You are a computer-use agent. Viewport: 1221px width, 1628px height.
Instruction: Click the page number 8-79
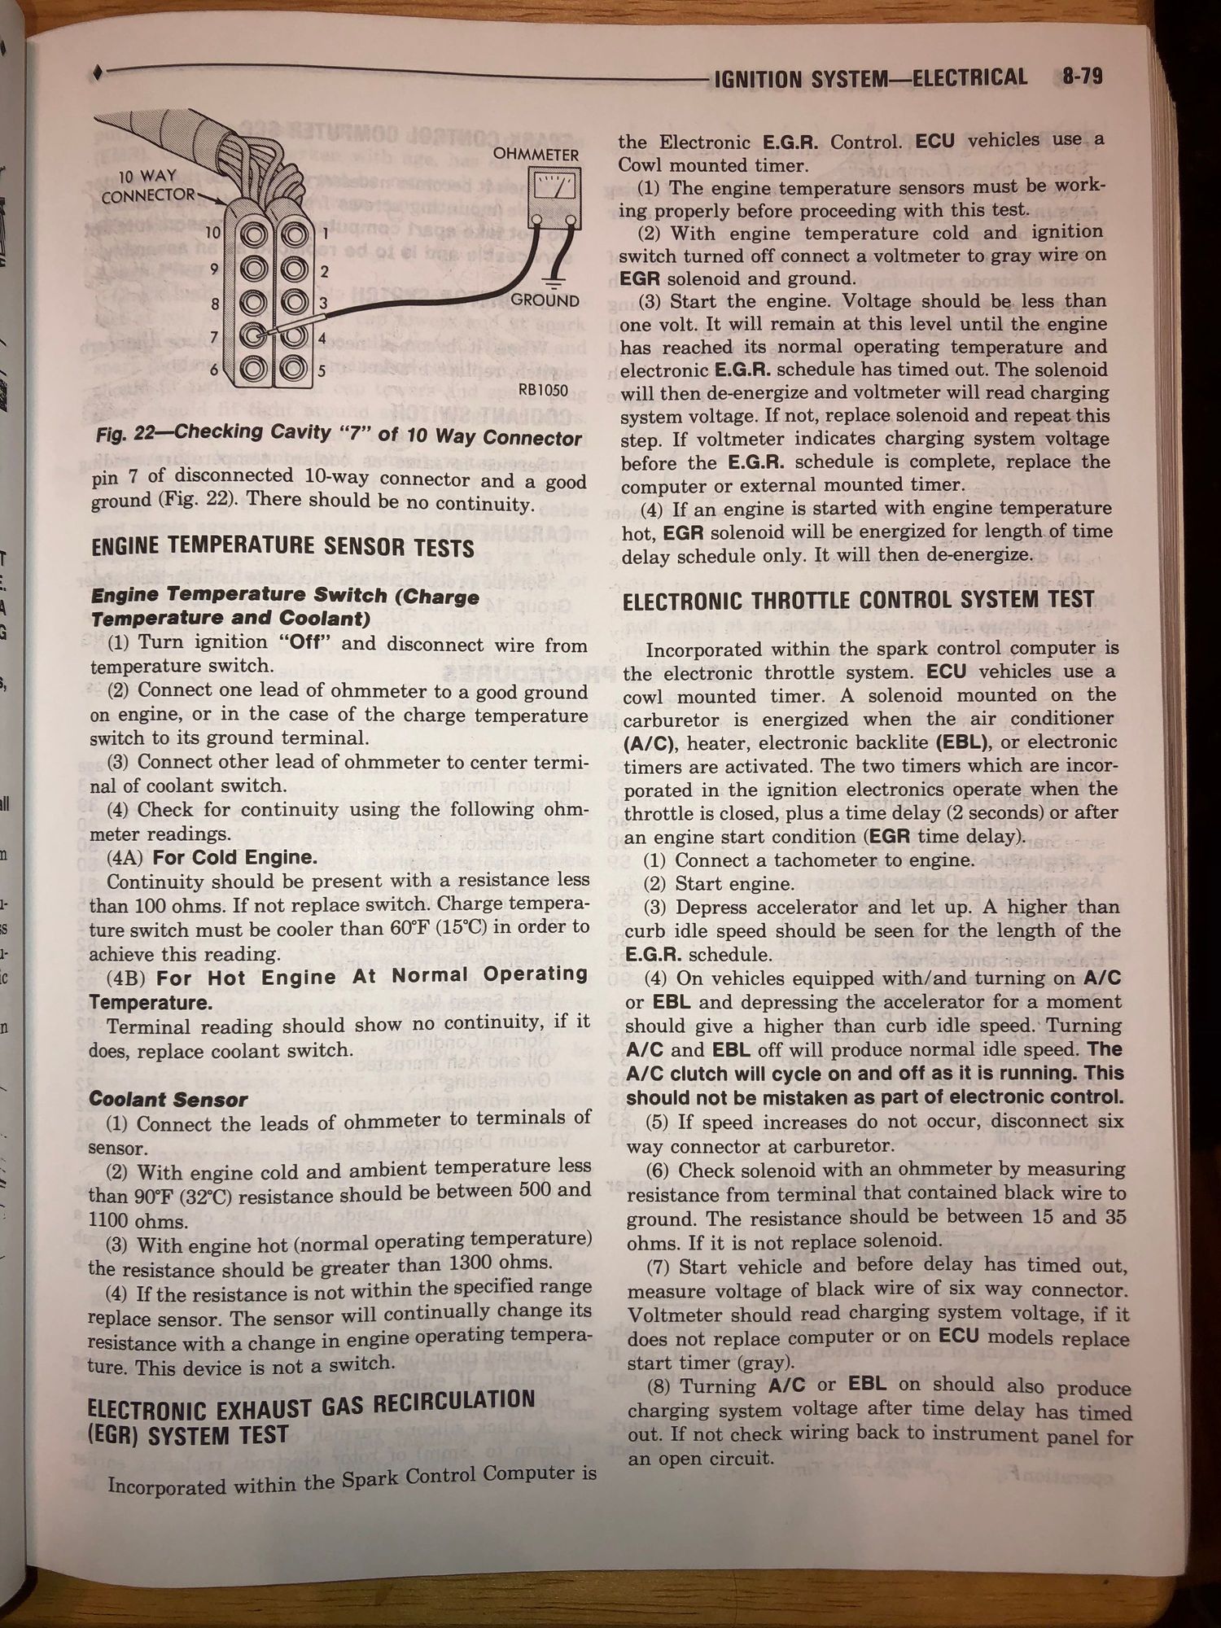click(1082, 77)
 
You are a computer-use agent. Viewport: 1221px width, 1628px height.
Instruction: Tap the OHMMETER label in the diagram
click(536, 155)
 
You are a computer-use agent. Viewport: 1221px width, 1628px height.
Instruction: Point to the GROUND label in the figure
click(545, 300)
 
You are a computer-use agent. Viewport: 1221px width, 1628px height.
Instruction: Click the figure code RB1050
click(543, 390)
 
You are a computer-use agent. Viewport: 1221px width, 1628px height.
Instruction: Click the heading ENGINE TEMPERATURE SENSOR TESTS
click(282, 547)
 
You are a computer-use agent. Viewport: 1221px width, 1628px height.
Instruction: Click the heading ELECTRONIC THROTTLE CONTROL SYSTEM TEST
click(859, 601)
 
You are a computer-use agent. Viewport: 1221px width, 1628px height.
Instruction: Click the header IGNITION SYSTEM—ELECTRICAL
click(870, 78)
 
